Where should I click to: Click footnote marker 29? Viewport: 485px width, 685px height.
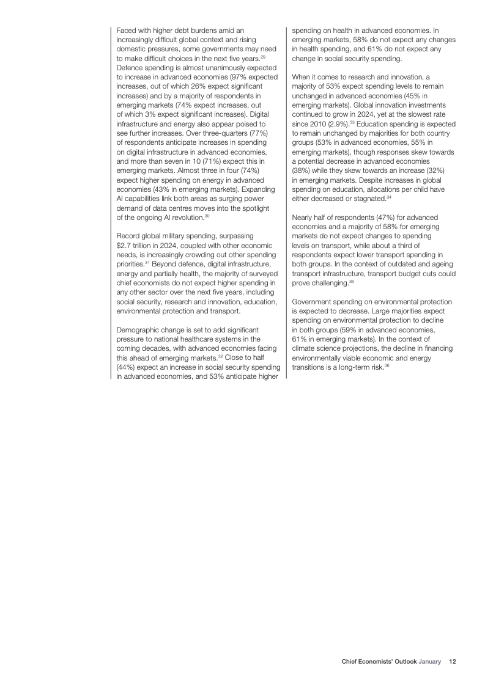(x=262, y=56)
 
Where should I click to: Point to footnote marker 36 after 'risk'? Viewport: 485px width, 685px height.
(x=387, y=366)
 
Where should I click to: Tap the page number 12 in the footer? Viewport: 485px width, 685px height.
(x=453, y=661)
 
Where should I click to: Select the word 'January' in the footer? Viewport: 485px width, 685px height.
(x=429, y=661)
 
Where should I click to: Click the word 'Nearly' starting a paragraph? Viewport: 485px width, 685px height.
(x=305, y=217)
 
